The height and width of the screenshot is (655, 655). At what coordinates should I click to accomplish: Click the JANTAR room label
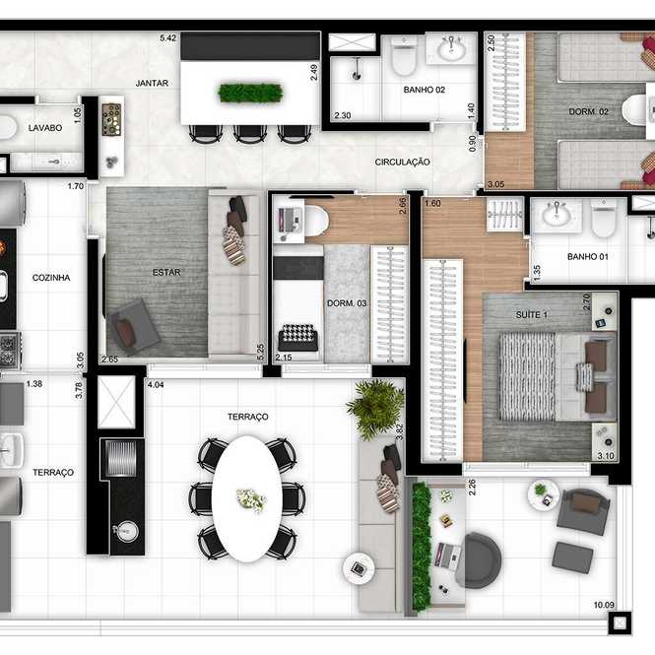[152, 83]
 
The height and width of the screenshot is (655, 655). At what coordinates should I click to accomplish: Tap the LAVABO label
[45, 128]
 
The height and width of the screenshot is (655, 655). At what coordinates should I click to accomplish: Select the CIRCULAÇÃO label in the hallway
[402, 163]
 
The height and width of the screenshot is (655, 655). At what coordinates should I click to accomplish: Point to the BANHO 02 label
[424, 90]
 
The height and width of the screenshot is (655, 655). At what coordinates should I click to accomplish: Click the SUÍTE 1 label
[531, 314]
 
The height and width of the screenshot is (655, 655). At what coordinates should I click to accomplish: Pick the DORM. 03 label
[347, 303]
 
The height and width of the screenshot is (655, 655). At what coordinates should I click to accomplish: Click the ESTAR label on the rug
[166, 273]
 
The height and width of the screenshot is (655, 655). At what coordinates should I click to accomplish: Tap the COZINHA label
[51, 278]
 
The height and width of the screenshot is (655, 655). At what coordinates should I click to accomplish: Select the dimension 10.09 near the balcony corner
[604, 605]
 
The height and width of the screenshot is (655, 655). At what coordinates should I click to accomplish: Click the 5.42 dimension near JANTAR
[167, 38]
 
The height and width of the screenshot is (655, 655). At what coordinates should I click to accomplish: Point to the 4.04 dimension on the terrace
[156, 385]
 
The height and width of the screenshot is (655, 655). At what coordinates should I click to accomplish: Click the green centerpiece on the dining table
[250, 93]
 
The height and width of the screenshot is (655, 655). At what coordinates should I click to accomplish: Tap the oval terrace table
[247, 498]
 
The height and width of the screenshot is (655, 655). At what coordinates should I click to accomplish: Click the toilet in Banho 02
[404, 56]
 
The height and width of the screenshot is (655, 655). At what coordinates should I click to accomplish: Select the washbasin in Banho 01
[556, 215]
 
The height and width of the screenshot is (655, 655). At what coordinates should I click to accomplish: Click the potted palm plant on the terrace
[375, 408]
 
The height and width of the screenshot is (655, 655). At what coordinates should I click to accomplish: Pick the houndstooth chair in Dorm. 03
[297, 338]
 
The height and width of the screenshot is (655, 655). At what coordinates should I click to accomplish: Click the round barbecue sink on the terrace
[127, 532]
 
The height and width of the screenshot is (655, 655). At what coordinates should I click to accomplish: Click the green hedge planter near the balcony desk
[422, 545]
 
